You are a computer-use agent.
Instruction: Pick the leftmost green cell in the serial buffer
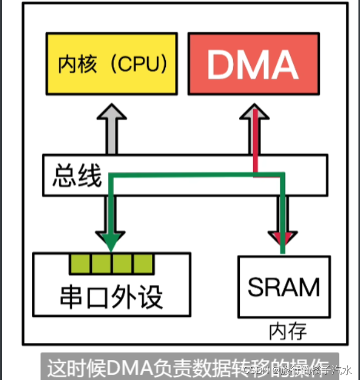coord(80,264)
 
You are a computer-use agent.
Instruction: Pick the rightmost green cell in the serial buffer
coord(143,264)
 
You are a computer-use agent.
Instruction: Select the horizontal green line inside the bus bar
coord(195,175)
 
